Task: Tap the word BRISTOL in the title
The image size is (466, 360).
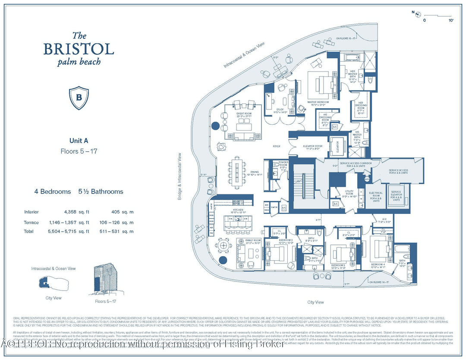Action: pos(79,49)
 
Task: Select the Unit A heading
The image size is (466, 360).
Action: pos(79,140)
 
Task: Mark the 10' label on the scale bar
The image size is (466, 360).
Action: pos(451,20)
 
